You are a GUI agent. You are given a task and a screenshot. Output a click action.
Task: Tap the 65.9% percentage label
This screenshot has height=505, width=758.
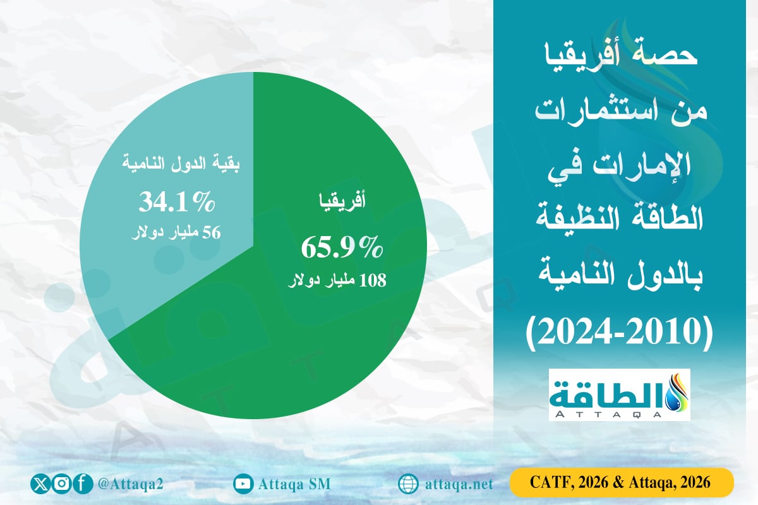[x=342, y=248]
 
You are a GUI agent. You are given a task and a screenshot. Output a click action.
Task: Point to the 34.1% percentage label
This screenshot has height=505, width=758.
[x=177, y=203]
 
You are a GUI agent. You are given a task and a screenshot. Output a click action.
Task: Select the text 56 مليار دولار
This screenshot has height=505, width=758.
[x=177, y=233]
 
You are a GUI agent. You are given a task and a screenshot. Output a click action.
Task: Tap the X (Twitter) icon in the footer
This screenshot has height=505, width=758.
[x=40, y=484]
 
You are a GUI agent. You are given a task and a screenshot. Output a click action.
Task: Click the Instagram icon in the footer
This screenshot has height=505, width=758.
[x=61, y=484]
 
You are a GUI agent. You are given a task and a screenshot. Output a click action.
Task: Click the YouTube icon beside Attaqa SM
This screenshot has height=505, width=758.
[x=243, y=484]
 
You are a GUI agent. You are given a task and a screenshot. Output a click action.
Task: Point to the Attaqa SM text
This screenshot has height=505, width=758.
[x=294, y=484]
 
